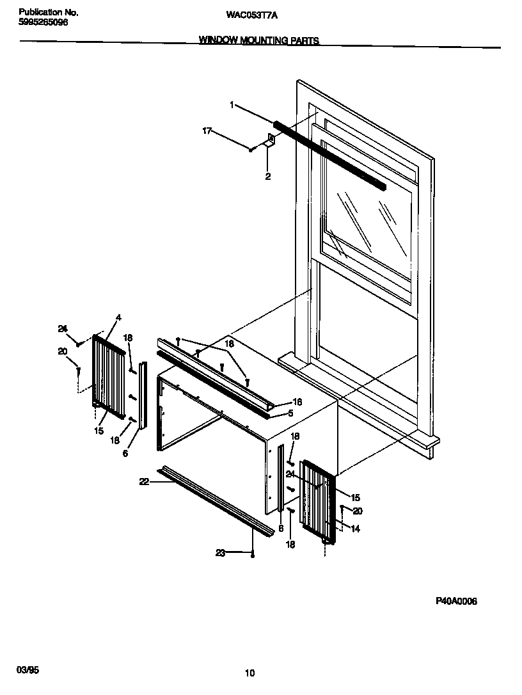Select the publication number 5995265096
[43, 22]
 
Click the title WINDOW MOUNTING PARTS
[258, 40]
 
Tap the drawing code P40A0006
[456, 601]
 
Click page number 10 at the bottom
[249, 673]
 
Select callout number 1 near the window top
[232, 104]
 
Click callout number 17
[207, 131]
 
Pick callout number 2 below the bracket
[267, 177]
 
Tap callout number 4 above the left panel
[118, 318]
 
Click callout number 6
[125, 453]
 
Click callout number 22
[144, 482]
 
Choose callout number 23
[219, 553]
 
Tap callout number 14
[355, 529]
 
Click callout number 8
[280, 529]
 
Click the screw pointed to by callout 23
[253, 554]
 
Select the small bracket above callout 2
[271, 141]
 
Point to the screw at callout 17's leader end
[253, 149]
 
